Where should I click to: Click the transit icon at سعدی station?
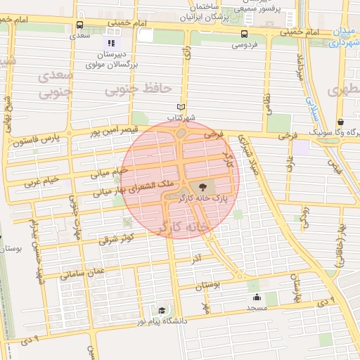(78, 26)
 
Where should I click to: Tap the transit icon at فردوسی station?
(244, 34)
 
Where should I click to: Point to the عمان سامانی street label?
(82, 271)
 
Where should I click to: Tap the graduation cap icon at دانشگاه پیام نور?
(162, 310)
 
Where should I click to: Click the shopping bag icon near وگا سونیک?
(340, 121)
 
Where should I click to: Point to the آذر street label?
(195, 259)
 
